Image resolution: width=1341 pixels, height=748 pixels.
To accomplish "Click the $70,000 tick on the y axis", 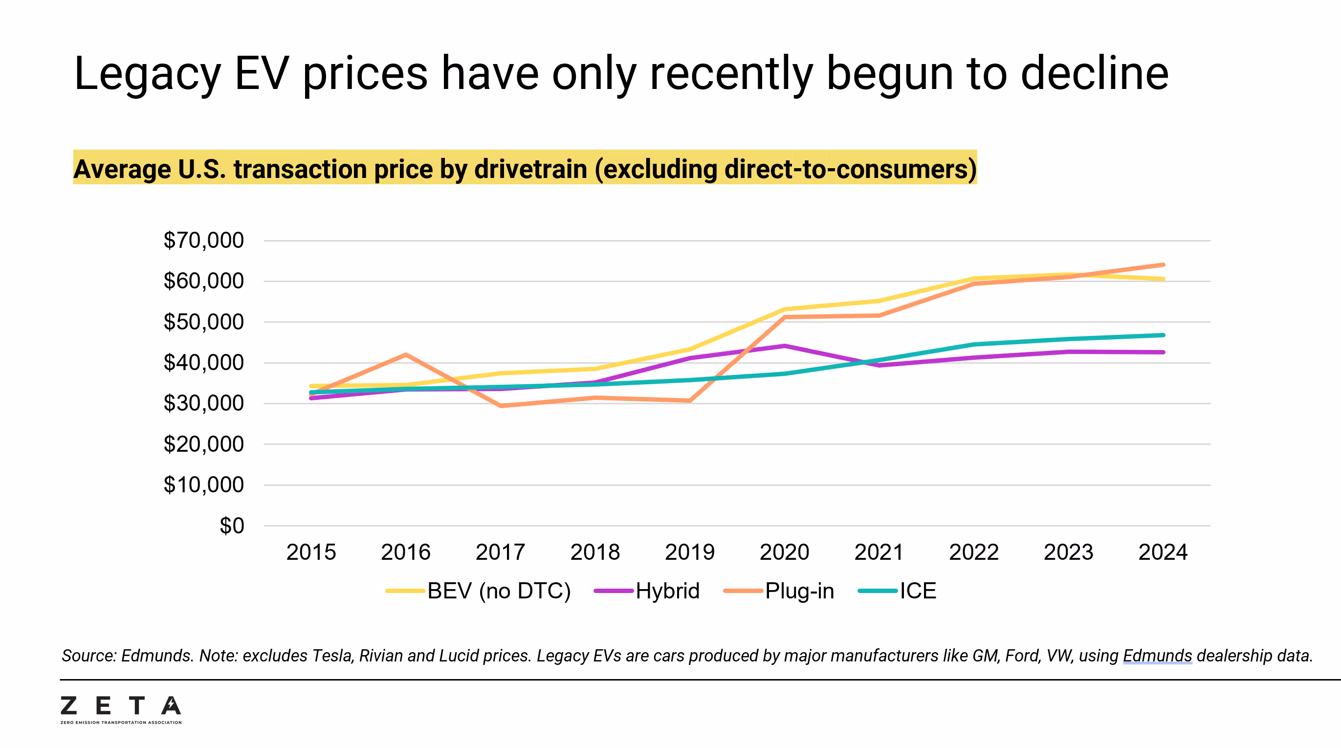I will [203, 241].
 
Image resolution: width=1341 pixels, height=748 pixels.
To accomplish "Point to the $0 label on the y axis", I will [232, 526].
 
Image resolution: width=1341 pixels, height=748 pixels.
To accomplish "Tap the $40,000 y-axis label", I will [203, 363].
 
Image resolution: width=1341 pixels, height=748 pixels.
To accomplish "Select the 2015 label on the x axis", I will [311, 552].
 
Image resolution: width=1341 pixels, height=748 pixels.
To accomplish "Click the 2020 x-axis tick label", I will [784, 552].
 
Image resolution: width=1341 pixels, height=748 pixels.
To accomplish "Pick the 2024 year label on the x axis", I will [1163, 552].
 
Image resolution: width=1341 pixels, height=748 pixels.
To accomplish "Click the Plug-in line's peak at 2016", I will [406, 355].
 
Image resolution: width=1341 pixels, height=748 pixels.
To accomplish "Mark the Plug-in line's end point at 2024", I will [1163, 265].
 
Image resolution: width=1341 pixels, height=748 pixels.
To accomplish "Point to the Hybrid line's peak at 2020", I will [784, 346].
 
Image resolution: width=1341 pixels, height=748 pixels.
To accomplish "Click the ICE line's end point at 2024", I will [1163, 335].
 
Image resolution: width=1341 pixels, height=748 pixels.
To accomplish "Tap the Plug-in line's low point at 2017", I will [500, 405].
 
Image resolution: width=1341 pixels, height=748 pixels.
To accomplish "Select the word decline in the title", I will [1094, 74].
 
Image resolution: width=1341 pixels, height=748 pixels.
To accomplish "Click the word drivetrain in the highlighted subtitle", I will [530, 169].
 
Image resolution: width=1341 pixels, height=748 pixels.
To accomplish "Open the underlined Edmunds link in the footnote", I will [1157, 656].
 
